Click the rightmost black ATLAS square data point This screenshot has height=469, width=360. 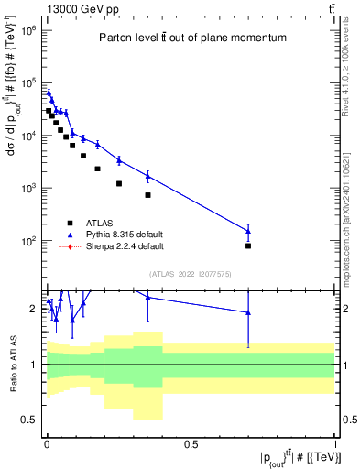248,245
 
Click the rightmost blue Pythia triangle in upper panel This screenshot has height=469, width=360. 248,231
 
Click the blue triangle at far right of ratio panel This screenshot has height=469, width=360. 248,312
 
